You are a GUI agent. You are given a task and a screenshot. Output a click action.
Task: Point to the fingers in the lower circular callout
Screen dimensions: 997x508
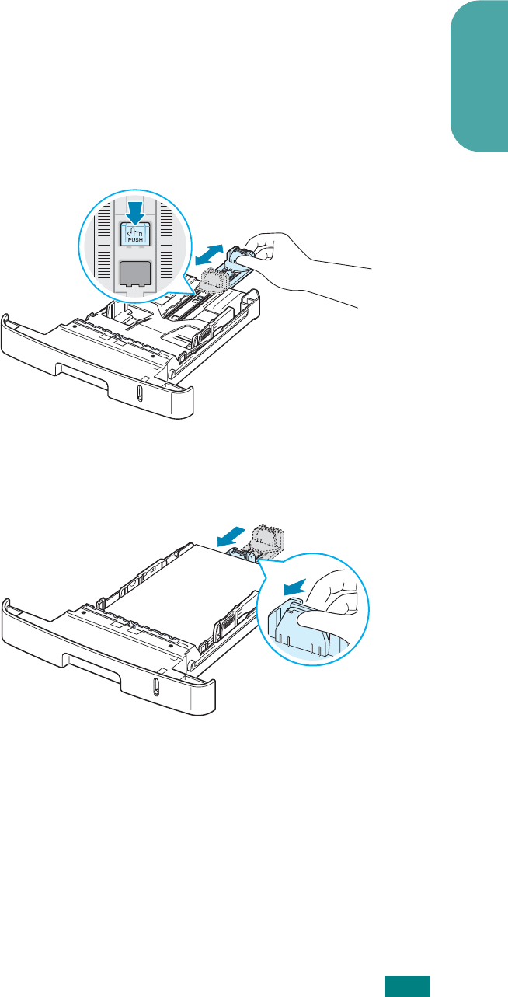click(330, 602)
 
